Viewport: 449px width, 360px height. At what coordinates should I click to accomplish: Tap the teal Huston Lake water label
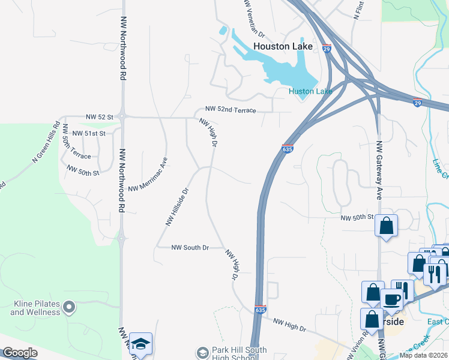310,91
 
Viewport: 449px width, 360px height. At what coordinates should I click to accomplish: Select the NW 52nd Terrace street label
231,110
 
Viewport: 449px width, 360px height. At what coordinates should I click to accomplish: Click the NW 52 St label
100,116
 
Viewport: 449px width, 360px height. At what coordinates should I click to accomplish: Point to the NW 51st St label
88,133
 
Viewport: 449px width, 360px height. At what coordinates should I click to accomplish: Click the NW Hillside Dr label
177,206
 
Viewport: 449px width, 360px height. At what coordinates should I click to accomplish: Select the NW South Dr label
190,247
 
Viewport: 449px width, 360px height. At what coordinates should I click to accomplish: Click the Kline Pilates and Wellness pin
69,308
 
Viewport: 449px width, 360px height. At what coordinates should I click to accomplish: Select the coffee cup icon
392,299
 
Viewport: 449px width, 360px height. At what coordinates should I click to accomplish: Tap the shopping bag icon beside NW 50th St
387,226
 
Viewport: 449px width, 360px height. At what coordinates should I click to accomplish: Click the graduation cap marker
140,344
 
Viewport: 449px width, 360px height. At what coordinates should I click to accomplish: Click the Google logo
20,353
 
